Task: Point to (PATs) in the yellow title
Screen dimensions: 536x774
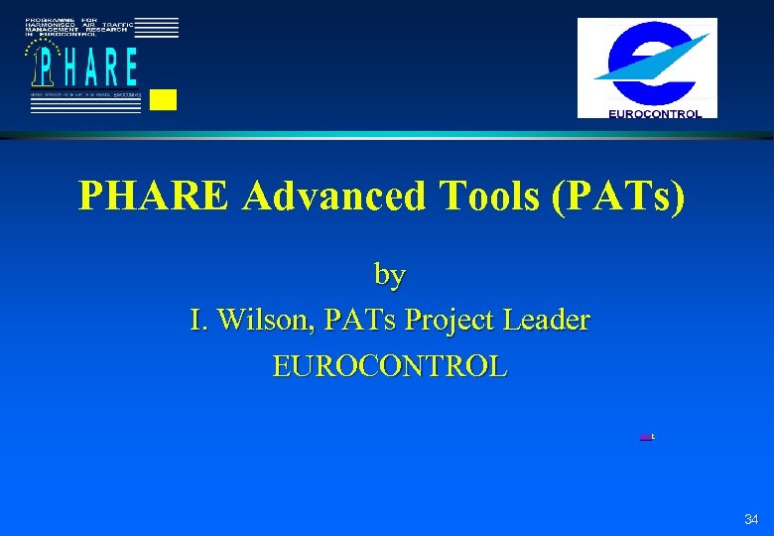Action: click(624, 197)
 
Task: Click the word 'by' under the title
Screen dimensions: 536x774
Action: click(390, 273)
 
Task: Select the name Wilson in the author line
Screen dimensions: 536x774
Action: click(263, 320)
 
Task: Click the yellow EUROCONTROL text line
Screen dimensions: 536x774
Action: click(390, 365)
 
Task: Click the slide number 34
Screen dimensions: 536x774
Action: click(751, 519)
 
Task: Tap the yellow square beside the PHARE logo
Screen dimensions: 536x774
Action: click(164, 99)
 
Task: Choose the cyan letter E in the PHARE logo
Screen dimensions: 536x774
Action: click(130, 67)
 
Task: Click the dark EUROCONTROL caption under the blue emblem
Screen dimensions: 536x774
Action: click(654, 113)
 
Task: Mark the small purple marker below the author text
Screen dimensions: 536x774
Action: click(645, 436)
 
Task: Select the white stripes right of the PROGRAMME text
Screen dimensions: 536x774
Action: click(157, 27)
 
